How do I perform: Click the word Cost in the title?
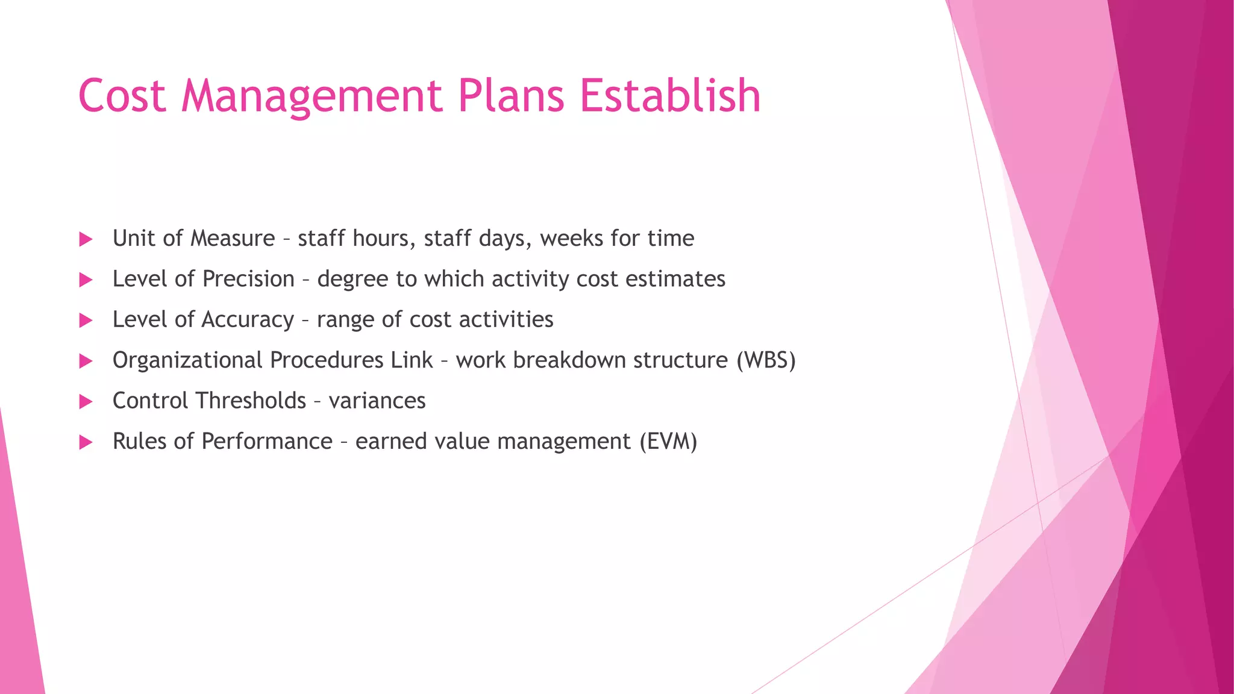122,96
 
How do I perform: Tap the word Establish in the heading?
670,96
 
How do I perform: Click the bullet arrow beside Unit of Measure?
86,239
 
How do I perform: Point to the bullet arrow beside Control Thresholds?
86,402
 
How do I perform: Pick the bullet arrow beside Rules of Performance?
86,443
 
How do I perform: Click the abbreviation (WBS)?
766,360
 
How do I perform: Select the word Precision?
248,279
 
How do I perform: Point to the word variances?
377,401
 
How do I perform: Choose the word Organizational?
187,360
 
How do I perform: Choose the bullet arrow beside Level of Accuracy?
86,320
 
